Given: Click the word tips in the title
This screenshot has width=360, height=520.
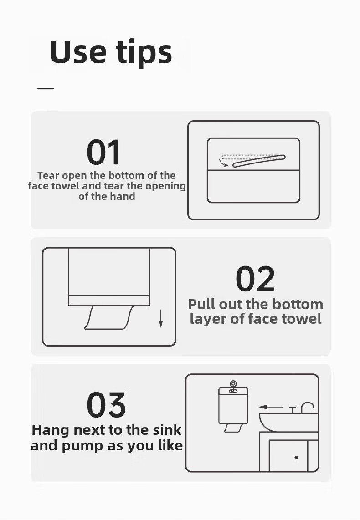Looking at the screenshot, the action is click(x=144, y=53).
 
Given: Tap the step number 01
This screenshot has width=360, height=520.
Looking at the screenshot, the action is click(x=103, y=153).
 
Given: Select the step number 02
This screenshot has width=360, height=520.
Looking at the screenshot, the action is click(x=255, y=279).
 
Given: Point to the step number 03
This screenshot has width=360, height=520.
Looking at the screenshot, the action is click(x=106, y=405).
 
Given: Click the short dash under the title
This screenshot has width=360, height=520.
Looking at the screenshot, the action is click(x=46, y=88).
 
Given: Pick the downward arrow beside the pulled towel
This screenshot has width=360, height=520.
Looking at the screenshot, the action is click(x=161, y=319).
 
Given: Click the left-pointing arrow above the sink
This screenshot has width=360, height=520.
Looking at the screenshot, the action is click(x=270, y=407).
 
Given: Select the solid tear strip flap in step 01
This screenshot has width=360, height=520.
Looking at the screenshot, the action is click(x=259, y=161).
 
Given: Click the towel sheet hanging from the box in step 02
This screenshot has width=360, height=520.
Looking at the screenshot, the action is click(x=109, y=318).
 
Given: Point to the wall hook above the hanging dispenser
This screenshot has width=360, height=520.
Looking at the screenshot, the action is click(x=233, y=386).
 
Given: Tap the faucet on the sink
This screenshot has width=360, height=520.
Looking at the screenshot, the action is click(x=307, y=408).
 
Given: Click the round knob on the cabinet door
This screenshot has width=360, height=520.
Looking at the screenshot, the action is click(x=296, y=458).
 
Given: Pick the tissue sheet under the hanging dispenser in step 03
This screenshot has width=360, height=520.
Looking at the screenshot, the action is click(x=233, y=428).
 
